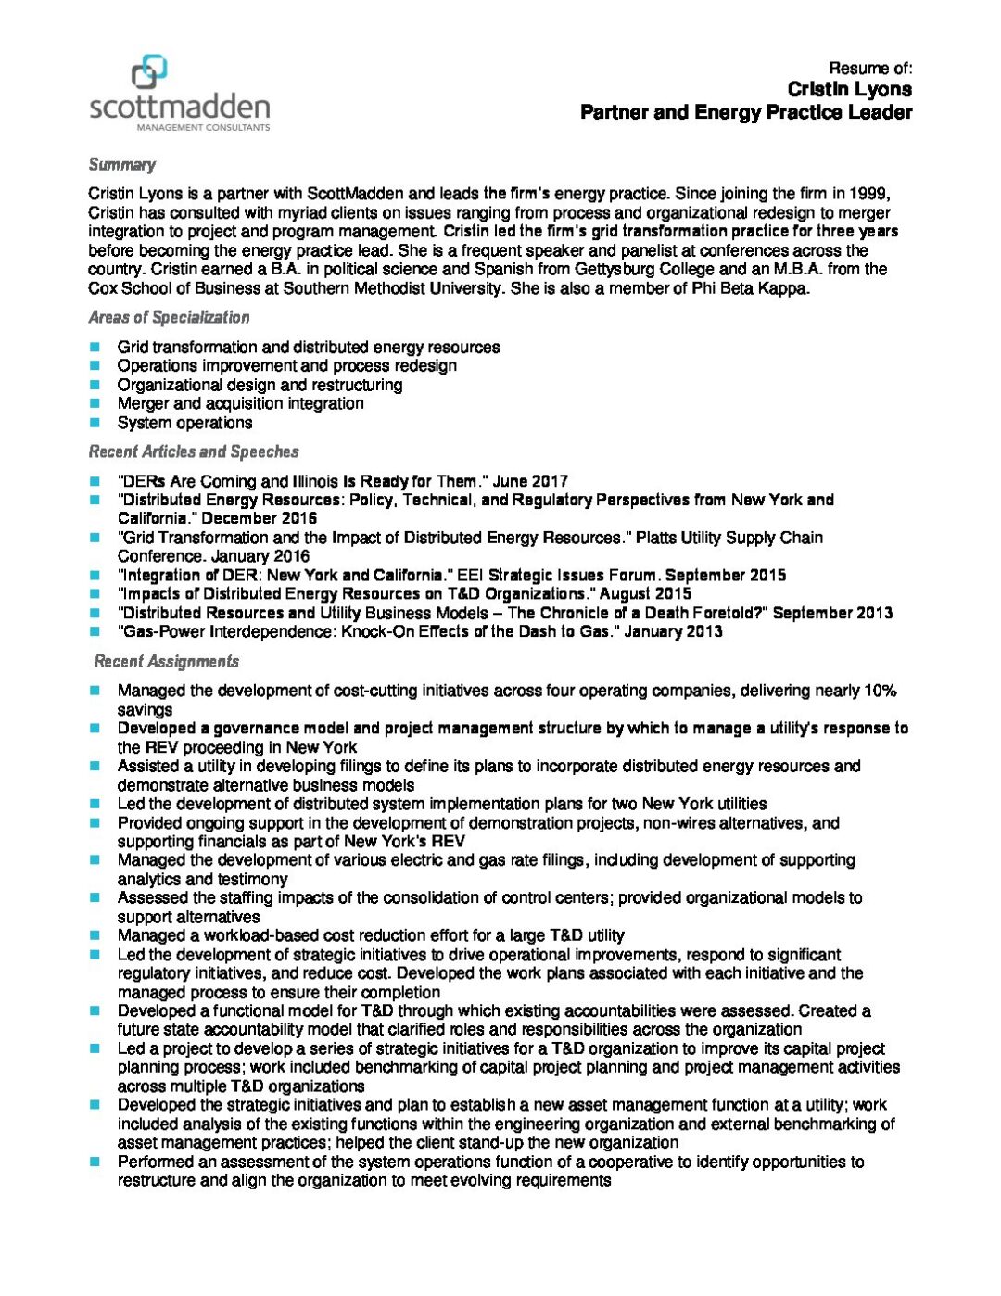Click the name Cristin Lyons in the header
(x=849, y=89)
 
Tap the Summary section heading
(x=121, y=165)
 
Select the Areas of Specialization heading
(x=169, y=317)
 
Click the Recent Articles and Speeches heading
(x=194, y=451)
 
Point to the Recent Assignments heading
(x=167, y=661)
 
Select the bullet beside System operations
(x=95, y=423)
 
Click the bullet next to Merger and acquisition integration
(x=95, y=403)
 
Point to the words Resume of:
(x=870, y=68)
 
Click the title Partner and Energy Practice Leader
(x=746, y=112)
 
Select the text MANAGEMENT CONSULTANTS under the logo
(x=203, y=127)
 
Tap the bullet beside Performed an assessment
(x=95, y=1162)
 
